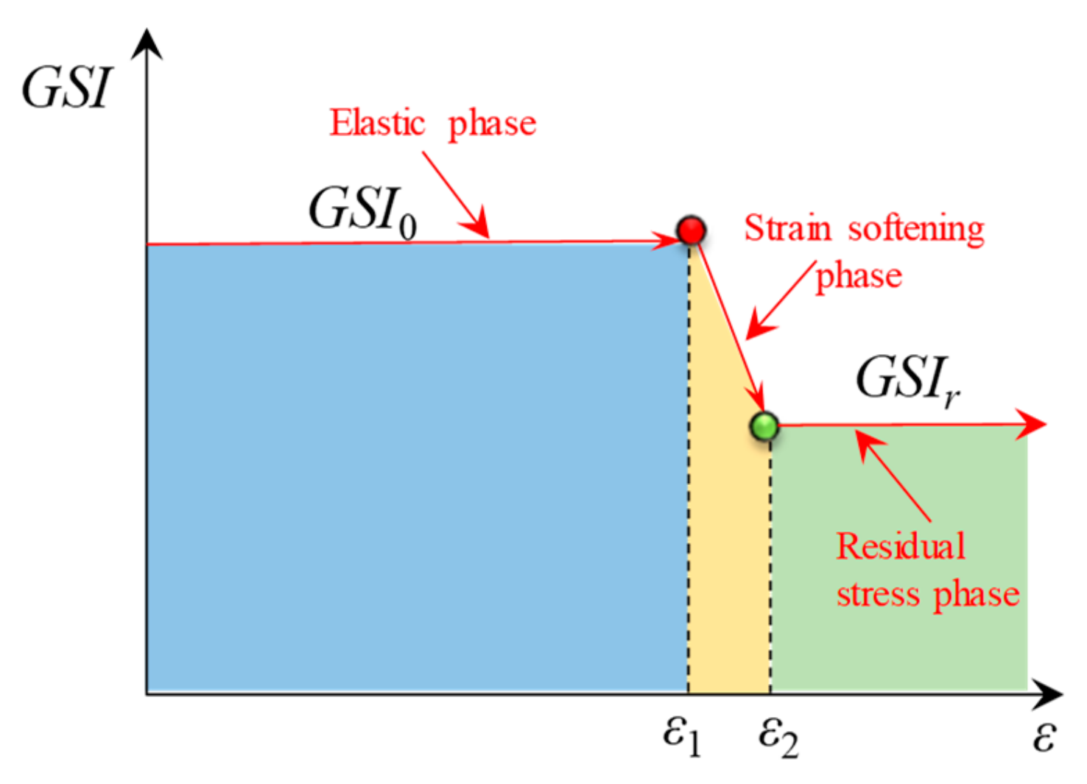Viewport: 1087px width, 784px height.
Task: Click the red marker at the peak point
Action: click(691, 230)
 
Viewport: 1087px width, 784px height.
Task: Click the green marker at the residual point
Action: click(764, 425)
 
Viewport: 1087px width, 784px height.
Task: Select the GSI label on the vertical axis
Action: click(68, 89)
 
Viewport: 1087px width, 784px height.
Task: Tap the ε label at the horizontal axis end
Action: click(1044, 736)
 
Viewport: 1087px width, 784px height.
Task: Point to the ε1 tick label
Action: click(681, 736)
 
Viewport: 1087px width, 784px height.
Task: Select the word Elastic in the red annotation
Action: click(377, 122)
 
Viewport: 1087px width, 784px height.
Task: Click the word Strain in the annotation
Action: click(787, 228)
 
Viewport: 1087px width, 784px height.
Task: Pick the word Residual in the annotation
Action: click(900, 547)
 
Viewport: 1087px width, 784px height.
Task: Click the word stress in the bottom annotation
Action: click(878, 594)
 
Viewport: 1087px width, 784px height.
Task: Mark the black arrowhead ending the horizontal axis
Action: click(1049, 693)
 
